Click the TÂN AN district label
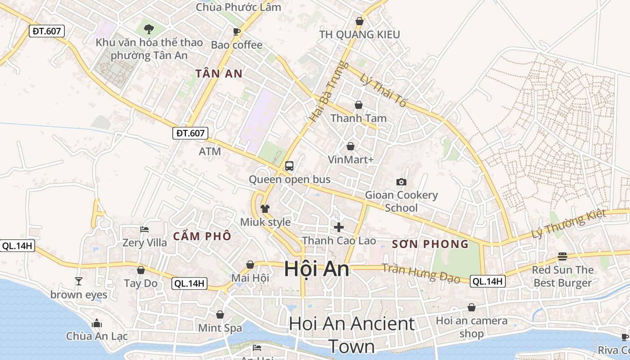click(x=219, y=74)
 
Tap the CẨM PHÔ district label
click(x=202, y=236)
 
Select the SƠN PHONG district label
click(x=430, y=244)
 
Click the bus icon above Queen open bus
click(x=289, y=166)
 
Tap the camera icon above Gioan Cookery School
click(x=401, y=182)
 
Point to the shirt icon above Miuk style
click(x=265, y=208)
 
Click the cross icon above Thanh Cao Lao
click(x=339, y=227)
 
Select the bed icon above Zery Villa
click(x=144, y=229)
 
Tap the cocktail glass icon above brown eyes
click(x=79, y=281)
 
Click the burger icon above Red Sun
click(x=562, y=256)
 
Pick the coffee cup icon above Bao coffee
click(x=237, y=31)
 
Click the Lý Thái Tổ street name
click(x=383, y=90)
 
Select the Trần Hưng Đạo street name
click(x=421, y=273)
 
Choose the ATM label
click(x=210, y=151)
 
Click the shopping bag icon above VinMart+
click(x=351, y=146)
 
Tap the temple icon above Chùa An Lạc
click(x=96, y=323)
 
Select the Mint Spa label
click(x=220, y=328)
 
